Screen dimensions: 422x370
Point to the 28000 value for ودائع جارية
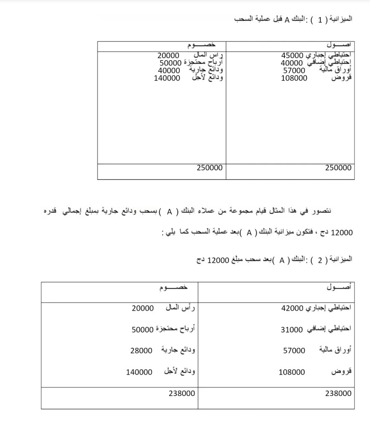(x=141, y=350)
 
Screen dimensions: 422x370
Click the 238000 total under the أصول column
(x=338, y=393)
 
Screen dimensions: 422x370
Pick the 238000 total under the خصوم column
(x=182, y=393)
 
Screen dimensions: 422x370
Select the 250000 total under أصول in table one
(x=338, y=168)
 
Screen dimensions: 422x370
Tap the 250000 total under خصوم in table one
(x=209, y=168)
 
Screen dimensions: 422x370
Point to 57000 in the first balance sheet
(x=294, y=70)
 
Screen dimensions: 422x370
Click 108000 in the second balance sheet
(x=292, y=372)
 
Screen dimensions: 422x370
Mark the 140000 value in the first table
(x=167, y=78)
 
